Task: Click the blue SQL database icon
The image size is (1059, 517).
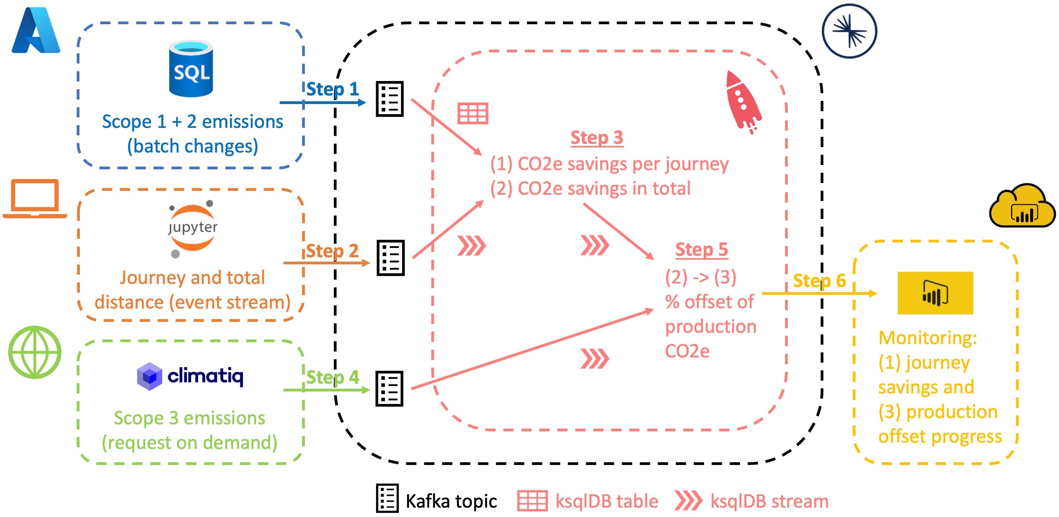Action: [x=191, y=68]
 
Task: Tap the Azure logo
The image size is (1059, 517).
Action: [x=36, y=31]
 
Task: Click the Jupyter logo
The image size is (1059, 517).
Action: [x=193, y=228]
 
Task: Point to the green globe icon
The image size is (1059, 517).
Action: [x=35, y=352]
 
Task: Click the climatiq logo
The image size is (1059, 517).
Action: [x=190, y=376]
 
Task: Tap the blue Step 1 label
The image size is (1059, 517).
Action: [x=332, y=89]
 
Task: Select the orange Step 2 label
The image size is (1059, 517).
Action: [x=332, y=251]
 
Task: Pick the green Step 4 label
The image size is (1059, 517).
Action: [x=333, y=377]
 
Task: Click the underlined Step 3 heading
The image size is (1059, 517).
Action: [x=596, y=138]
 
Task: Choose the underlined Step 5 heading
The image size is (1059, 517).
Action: [x=701, y=250]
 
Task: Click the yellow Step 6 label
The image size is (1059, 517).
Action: [x=819, y=281]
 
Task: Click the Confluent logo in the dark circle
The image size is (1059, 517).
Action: [x=849, y=31]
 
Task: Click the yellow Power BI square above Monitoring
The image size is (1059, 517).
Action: [x=935, y=293]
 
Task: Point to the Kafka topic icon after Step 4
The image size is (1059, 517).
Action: [x=389, y=389]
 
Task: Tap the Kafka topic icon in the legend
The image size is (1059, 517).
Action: [x=387, y=499]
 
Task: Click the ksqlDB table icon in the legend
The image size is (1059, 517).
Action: [x=532, y=501]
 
